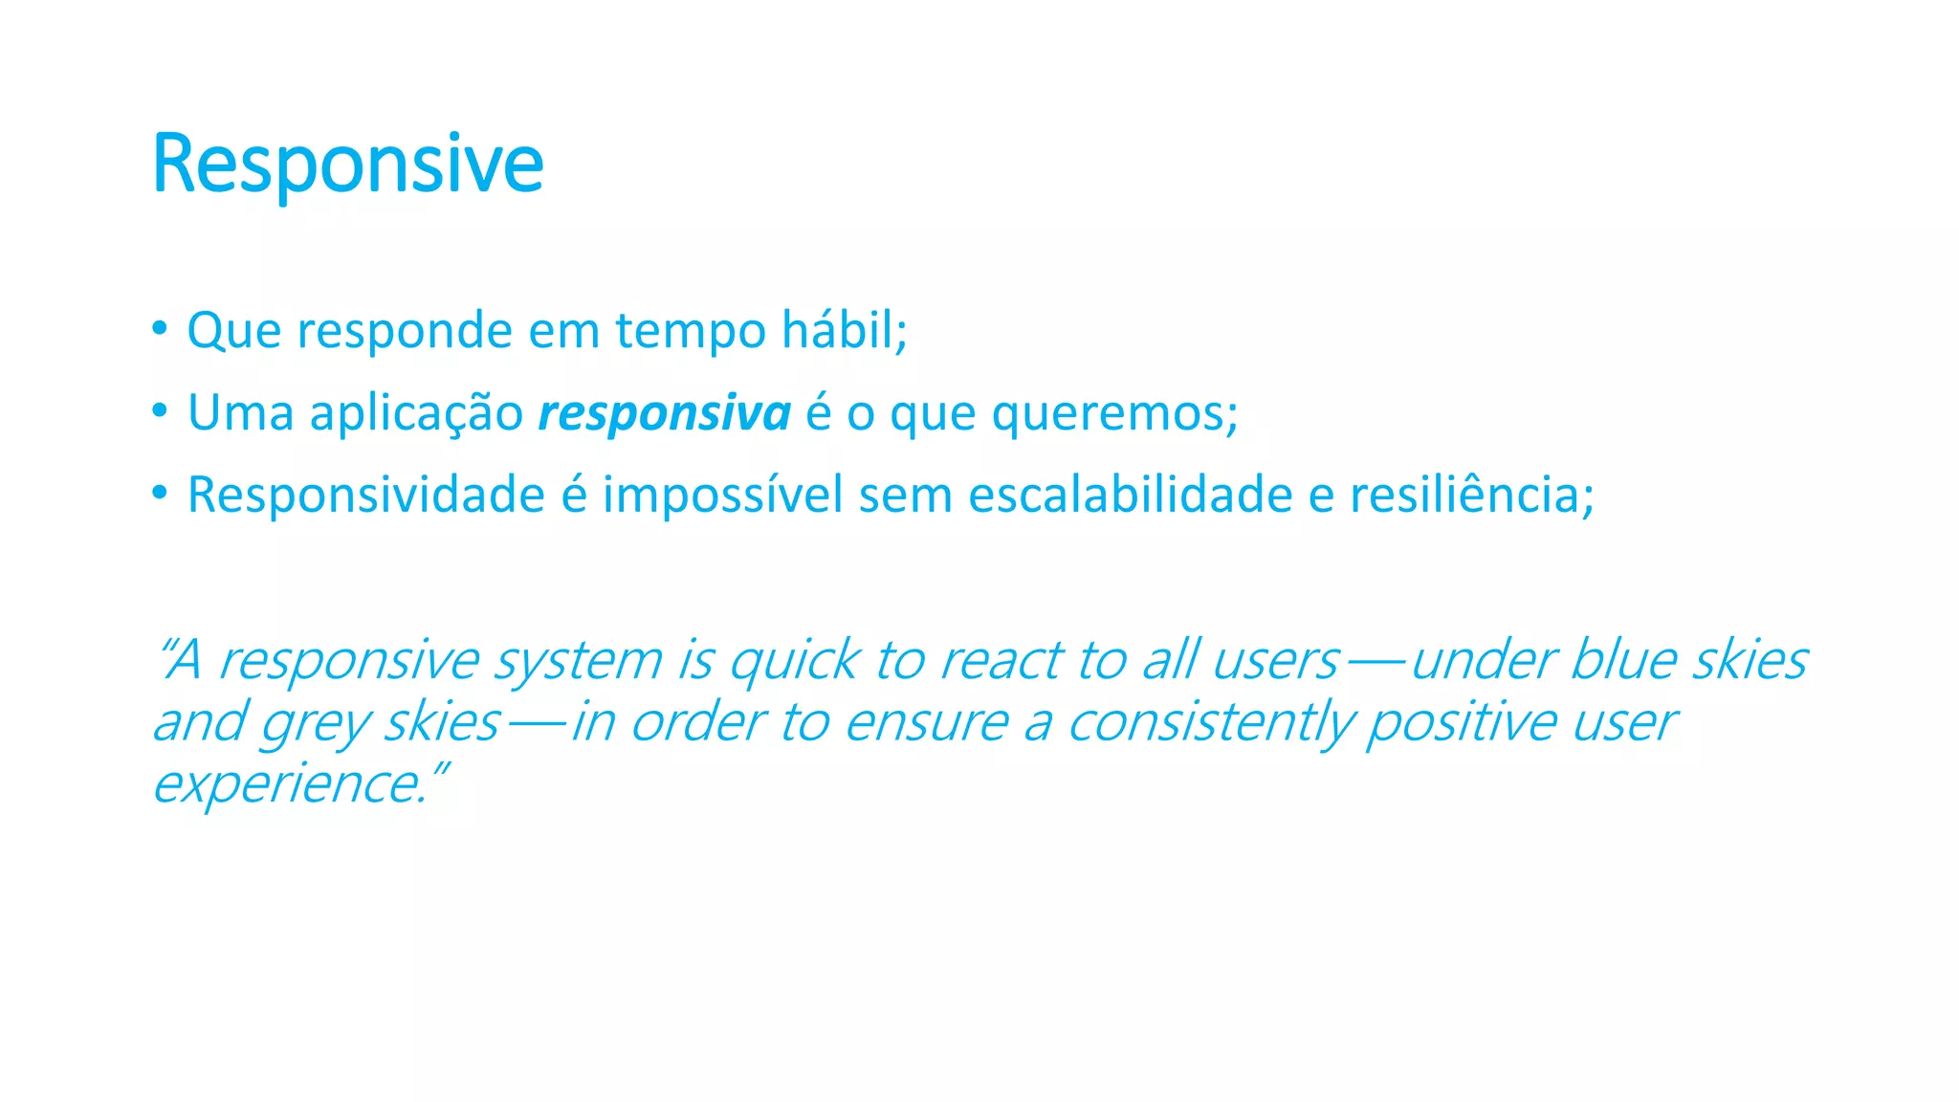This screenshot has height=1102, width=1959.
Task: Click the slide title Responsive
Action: pyautogui.click(x=347, y=164)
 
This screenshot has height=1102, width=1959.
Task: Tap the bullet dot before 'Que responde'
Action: pyautogui.click(x=160, y=329)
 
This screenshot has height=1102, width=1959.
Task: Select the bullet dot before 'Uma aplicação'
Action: pyautogui.click(x=160, y=411)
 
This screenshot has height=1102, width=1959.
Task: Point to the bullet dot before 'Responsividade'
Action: pyautogui.click(x=160, y=494)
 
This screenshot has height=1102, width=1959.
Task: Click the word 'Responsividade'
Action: pyautogui.click(x=365, y=496)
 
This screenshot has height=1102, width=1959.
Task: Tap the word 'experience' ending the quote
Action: pyautogui.click(x=287, y=785)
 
